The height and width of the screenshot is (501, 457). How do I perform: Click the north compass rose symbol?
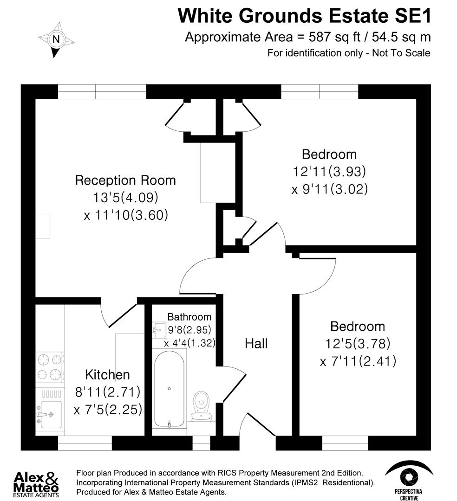click(x=56, y=40)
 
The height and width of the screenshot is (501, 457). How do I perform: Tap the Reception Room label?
click(x=125, y=180)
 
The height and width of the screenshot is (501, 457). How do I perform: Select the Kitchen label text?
click(x=107, y=374)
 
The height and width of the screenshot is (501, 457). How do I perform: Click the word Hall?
click(x=256, y=344)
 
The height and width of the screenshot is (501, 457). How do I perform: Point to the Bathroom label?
click(x=189, y=317)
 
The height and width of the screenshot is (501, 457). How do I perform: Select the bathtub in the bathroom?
click(x=170, y=388)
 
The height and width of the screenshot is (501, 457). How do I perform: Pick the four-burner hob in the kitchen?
click(x=50, y=366)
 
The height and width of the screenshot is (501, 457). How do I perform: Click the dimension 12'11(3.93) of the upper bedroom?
click(x=329, y=172)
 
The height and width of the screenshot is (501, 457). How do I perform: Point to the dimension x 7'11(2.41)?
click(x=358, y=361)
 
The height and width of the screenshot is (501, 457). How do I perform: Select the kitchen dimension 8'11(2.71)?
click(x=107, y=392)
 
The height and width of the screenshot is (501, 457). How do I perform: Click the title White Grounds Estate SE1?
click(x=304, y=16)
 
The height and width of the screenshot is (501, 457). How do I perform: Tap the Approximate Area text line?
click(x=307, y=37)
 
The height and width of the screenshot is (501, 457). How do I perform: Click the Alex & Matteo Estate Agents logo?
click(x=37, y=483)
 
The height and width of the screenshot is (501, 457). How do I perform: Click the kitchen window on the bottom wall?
click(x=85, y=443)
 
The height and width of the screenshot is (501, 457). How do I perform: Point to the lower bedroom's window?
click(x=345, y=443)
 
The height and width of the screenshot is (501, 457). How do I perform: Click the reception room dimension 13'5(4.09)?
click(x=125, y=198)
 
